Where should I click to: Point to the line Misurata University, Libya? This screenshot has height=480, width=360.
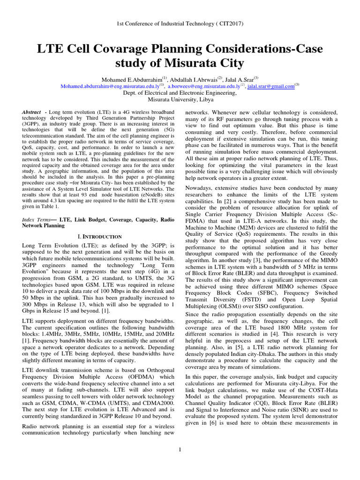[x=180, y=100]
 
